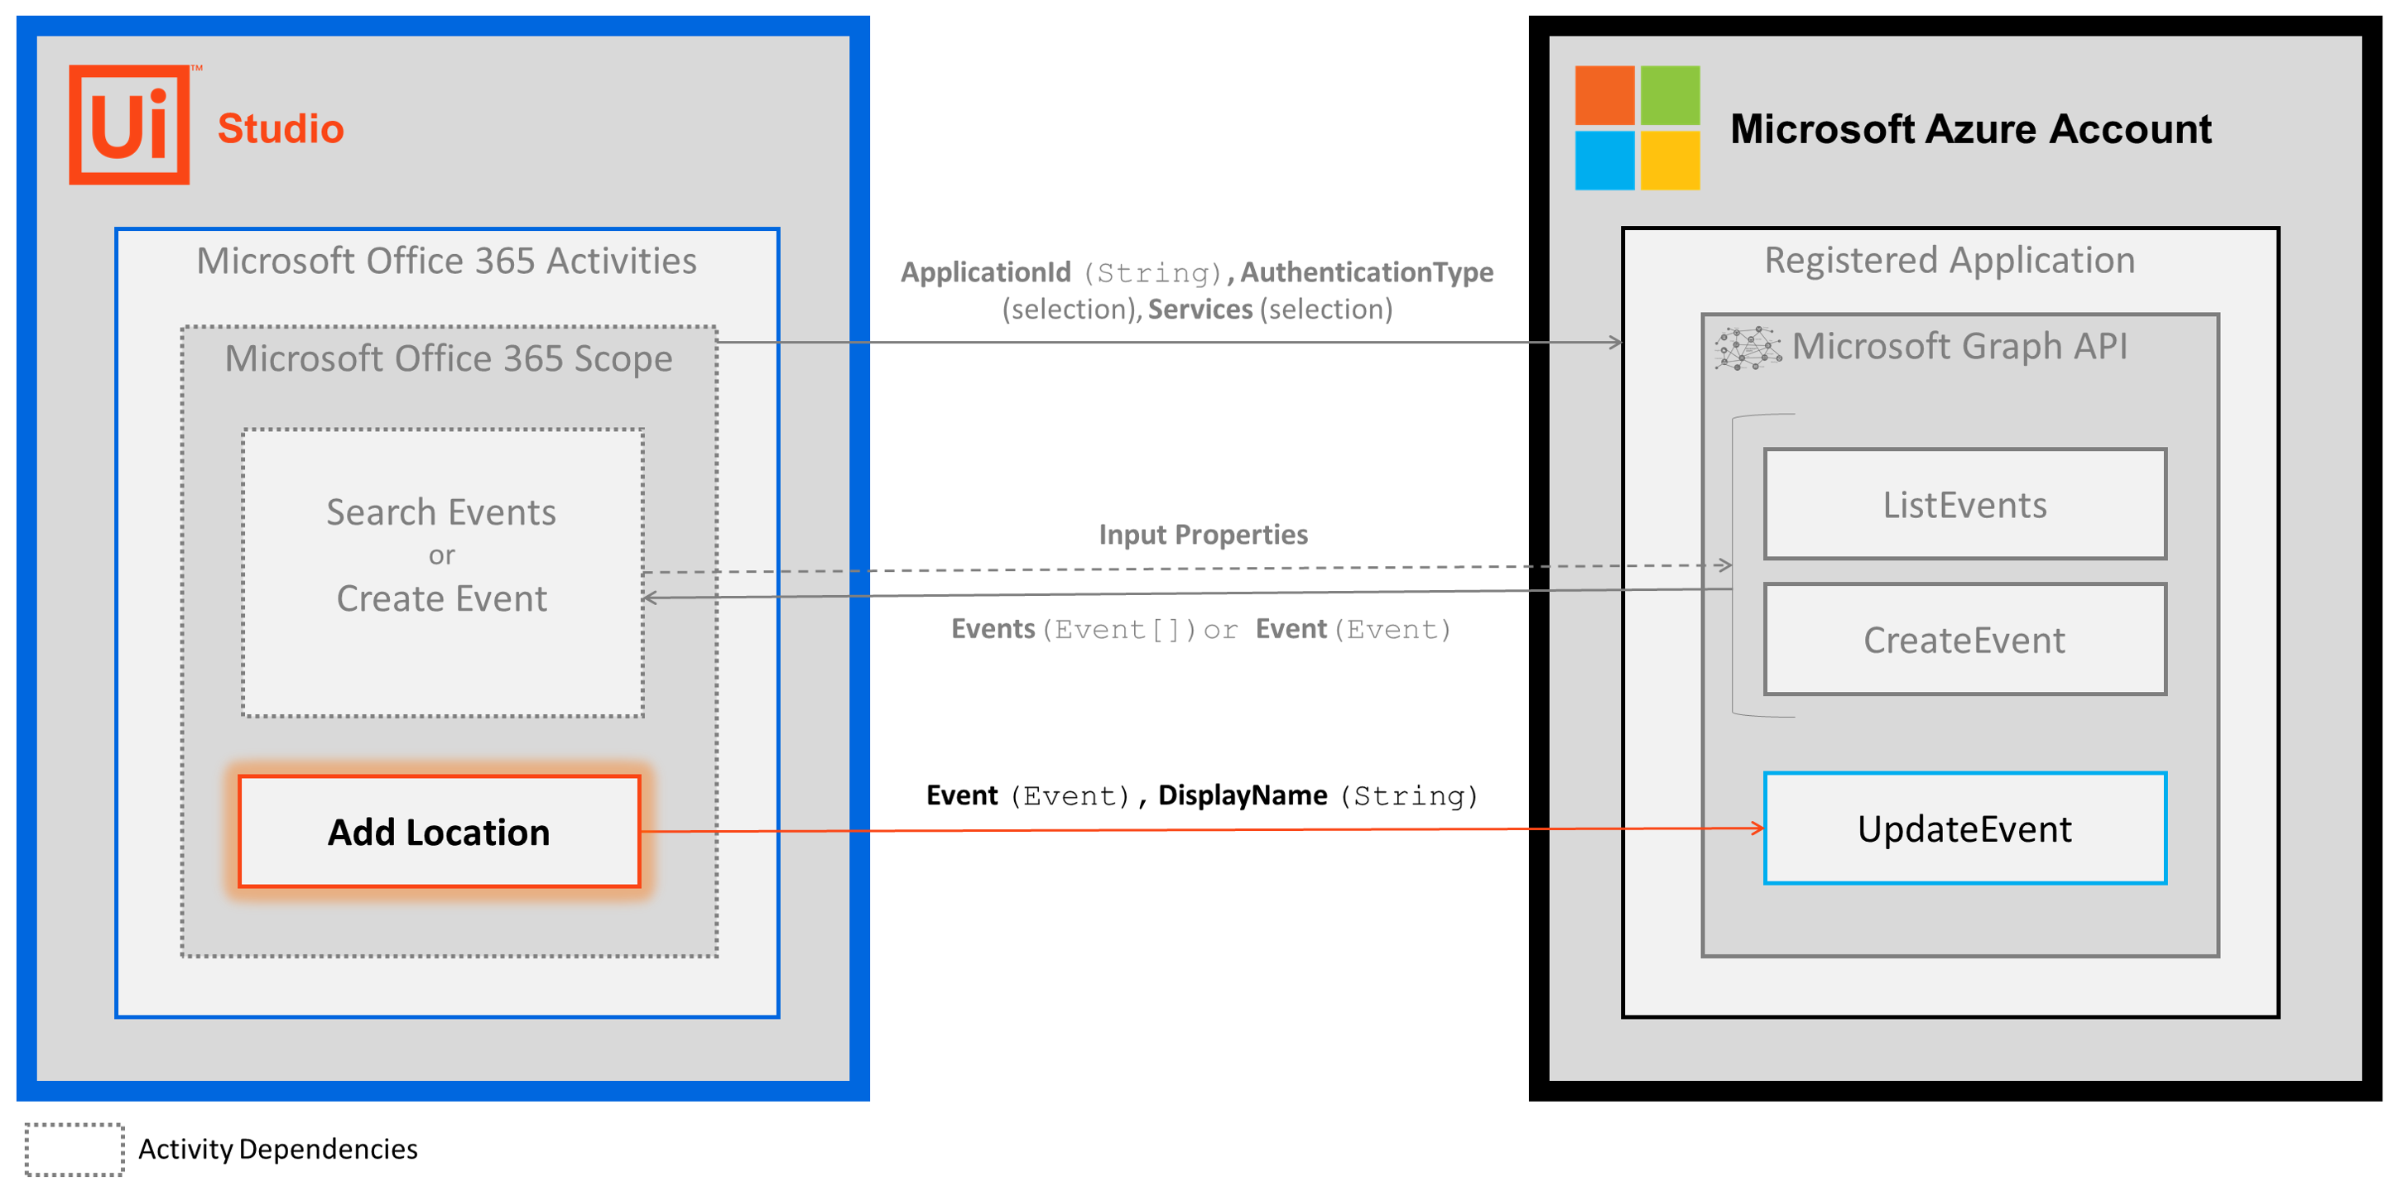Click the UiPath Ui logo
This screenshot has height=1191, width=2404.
point(129,125)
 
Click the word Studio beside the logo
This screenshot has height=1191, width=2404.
point(280,129)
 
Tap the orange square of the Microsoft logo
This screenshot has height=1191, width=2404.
point(1603,95)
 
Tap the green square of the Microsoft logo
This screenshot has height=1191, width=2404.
point(1670,95)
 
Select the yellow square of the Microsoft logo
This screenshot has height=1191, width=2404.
point(1670,161)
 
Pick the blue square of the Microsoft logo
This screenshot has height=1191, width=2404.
point(1603,161)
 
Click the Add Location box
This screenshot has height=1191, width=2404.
point(439,831)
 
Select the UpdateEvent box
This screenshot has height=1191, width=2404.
point(1964,828)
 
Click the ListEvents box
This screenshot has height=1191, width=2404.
point(1964,504)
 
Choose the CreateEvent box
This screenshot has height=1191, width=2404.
point(1964,640)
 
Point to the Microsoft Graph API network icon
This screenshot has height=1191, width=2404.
point(1747,348)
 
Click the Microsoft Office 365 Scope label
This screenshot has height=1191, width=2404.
point(448,358)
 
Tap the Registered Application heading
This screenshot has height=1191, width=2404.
point(1949,261)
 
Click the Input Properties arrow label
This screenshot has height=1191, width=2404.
point(1202,534)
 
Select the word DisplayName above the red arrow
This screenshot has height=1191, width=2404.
point(1241,795)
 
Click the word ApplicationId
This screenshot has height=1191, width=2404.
point(984,271)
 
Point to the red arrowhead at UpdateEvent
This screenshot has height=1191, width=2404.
point(1757,828)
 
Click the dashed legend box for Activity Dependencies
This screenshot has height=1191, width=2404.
point(75,1149)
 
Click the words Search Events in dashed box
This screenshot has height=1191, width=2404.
point(440,512)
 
